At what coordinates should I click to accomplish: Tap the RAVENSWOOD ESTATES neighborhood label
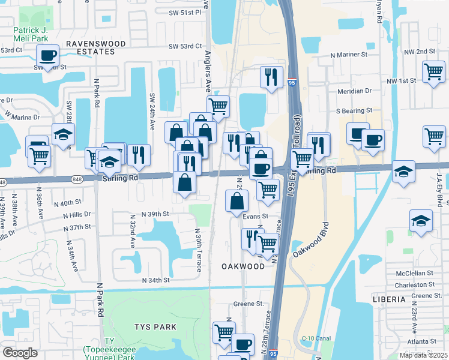pyautogui.click(x=90, y=48)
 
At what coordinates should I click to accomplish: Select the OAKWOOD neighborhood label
pyautogui.click(x=243, y=266)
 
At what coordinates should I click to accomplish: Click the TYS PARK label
pyautogui.click(x=155, y=326)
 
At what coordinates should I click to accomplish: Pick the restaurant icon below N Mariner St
pyautogui.click(x=271, y=76)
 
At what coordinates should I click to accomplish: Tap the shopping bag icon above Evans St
pyautogui.click(x=235, y=200)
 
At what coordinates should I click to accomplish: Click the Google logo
pyautogui.click(x=20, y=353)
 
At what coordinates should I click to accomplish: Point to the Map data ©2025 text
pyautogui.click(x=423, y=355)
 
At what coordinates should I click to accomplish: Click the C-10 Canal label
pyautogui.click(x=316, y=338)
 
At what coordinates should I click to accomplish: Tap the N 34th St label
pyautogui.click(x=156, y=280)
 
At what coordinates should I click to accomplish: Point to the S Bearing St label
pyautogui.click(x=354, y=111)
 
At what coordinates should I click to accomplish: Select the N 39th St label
pyautogui.click(x=156, y=214)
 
